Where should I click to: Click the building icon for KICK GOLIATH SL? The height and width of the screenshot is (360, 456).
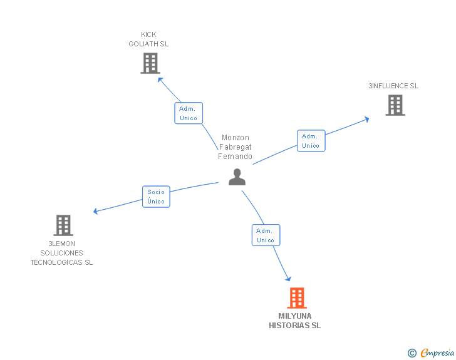[150, 63]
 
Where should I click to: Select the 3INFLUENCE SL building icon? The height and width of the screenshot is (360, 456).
[395, 105]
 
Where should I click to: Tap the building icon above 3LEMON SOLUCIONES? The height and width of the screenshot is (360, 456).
[63, 225]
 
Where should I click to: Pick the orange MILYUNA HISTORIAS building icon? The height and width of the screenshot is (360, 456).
[296, 298]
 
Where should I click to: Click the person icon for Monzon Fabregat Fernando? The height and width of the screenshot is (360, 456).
[237, 177]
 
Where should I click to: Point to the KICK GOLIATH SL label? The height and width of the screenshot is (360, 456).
[148, 39]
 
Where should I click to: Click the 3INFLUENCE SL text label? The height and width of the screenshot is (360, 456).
[393, 86]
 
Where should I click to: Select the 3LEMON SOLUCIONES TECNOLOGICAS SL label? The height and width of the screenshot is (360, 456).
[61, 253]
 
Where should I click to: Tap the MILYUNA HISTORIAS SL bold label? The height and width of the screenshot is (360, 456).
[294, 321]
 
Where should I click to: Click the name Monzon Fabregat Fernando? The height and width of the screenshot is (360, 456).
[235, 147]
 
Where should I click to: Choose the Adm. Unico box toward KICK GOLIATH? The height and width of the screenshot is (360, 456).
[188, 113]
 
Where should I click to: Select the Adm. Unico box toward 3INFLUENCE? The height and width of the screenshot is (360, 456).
[311, 141]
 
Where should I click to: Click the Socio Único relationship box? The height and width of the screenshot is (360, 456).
[156, 197]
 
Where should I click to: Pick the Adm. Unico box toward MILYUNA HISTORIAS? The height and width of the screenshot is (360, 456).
[266, 235]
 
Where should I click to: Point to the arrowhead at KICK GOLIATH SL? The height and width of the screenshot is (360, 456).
[160, 80]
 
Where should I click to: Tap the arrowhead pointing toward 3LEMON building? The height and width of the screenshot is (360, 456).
[96, 212]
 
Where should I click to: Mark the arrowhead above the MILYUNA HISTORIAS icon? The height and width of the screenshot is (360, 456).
[289, 278]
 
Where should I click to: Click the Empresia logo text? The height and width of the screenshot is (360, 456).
[437, 353]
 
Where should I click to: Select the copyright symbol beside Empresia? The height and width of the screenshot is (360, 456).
[412, 354]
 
